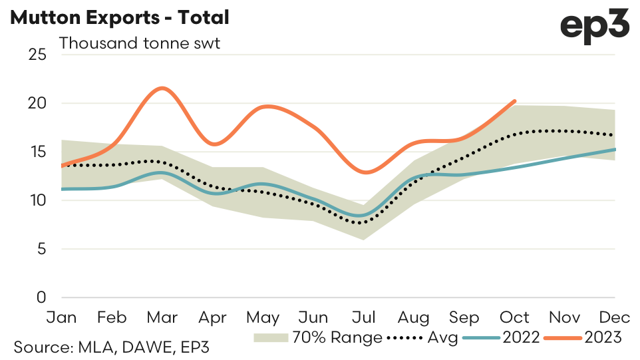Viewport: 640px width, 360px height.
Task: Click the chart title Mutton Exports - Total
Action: [x=120, y=17]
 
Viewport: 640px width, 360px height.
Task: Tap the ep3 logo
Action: [x=594, y=27]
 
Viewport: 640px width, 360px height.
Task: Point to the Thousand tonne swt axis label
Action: [x=139, y=44]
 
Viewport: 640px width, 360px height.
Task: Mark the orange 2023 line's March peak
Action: [x=162, y=88]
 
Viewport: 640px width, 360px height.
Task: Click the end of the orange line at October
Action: [x=514, y=101]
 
